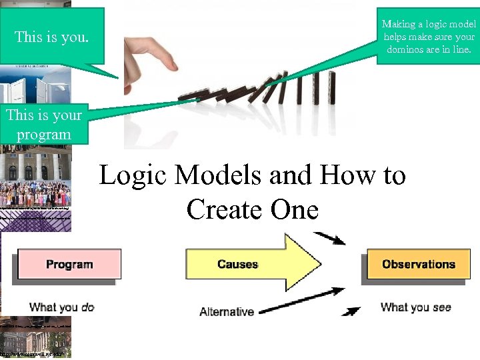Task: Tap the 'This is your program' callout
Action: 44,125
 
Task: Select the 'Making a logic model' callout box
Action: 428,37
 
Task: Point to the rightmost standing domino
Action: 331,88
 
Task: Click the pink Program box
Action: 69,265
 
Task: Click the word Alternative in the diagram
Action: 227,311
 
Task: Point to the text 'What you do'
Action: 62,307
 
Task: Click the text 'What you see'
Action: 415,307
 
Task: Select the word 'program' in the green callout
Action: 44,134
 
